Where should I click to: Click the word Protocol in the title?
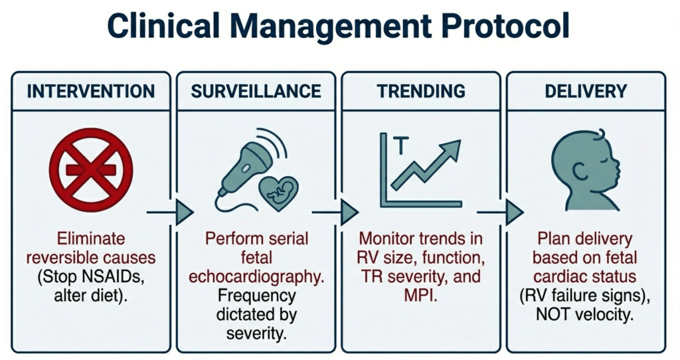click(505, 26)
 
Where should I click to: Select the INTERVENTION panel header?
click(90, 91)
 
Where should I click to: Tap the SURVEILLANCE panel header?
click(256, 91)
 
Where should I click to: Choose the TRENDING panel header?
click(421, 91)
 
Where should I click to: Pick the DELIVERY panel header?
click(586, 91)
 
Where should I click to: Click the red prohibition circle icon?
click(91, 169)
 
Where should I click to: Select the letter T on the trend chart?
click(401, 145)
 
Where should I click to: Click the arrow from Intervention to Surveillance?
click(170, 213)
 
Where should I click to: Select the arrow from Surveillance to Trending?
click(335, 213)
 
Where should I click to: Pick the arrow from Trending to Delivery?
click(501, 213)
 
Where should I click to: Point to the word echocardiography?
click(256, 277)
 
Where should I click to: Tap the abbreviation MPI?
click(420, 296)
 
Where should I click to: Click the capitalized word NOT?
click(553, 314)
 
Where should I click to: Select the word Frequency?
click(256, 296)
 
